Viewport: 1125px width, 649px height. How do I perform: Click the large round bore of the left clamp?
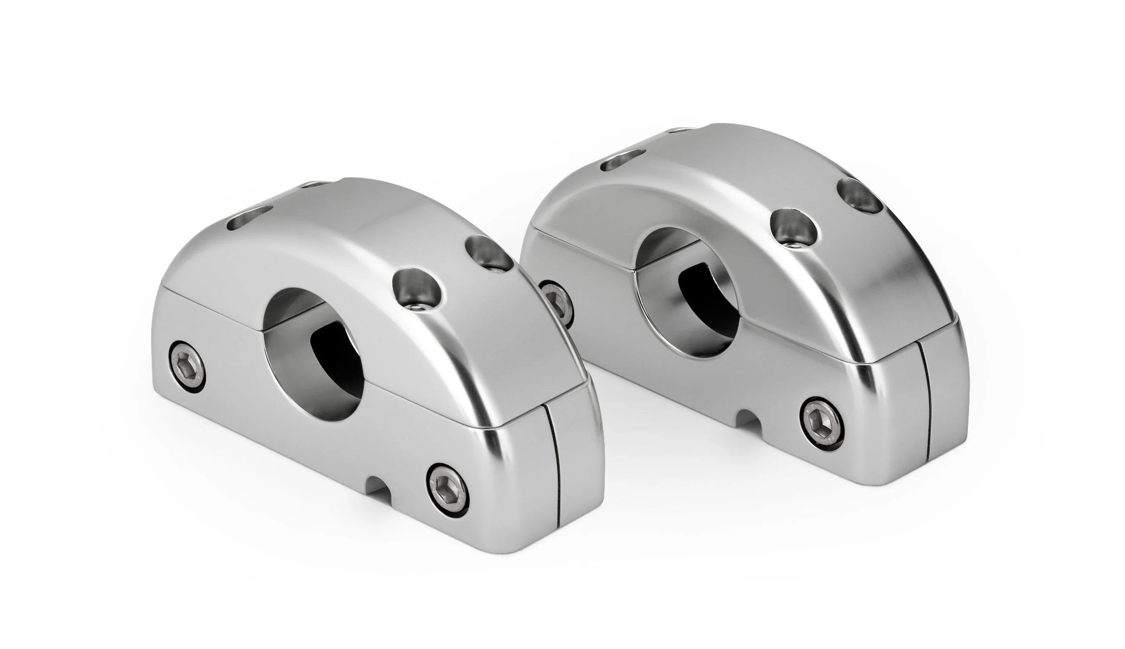[312, 352]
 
